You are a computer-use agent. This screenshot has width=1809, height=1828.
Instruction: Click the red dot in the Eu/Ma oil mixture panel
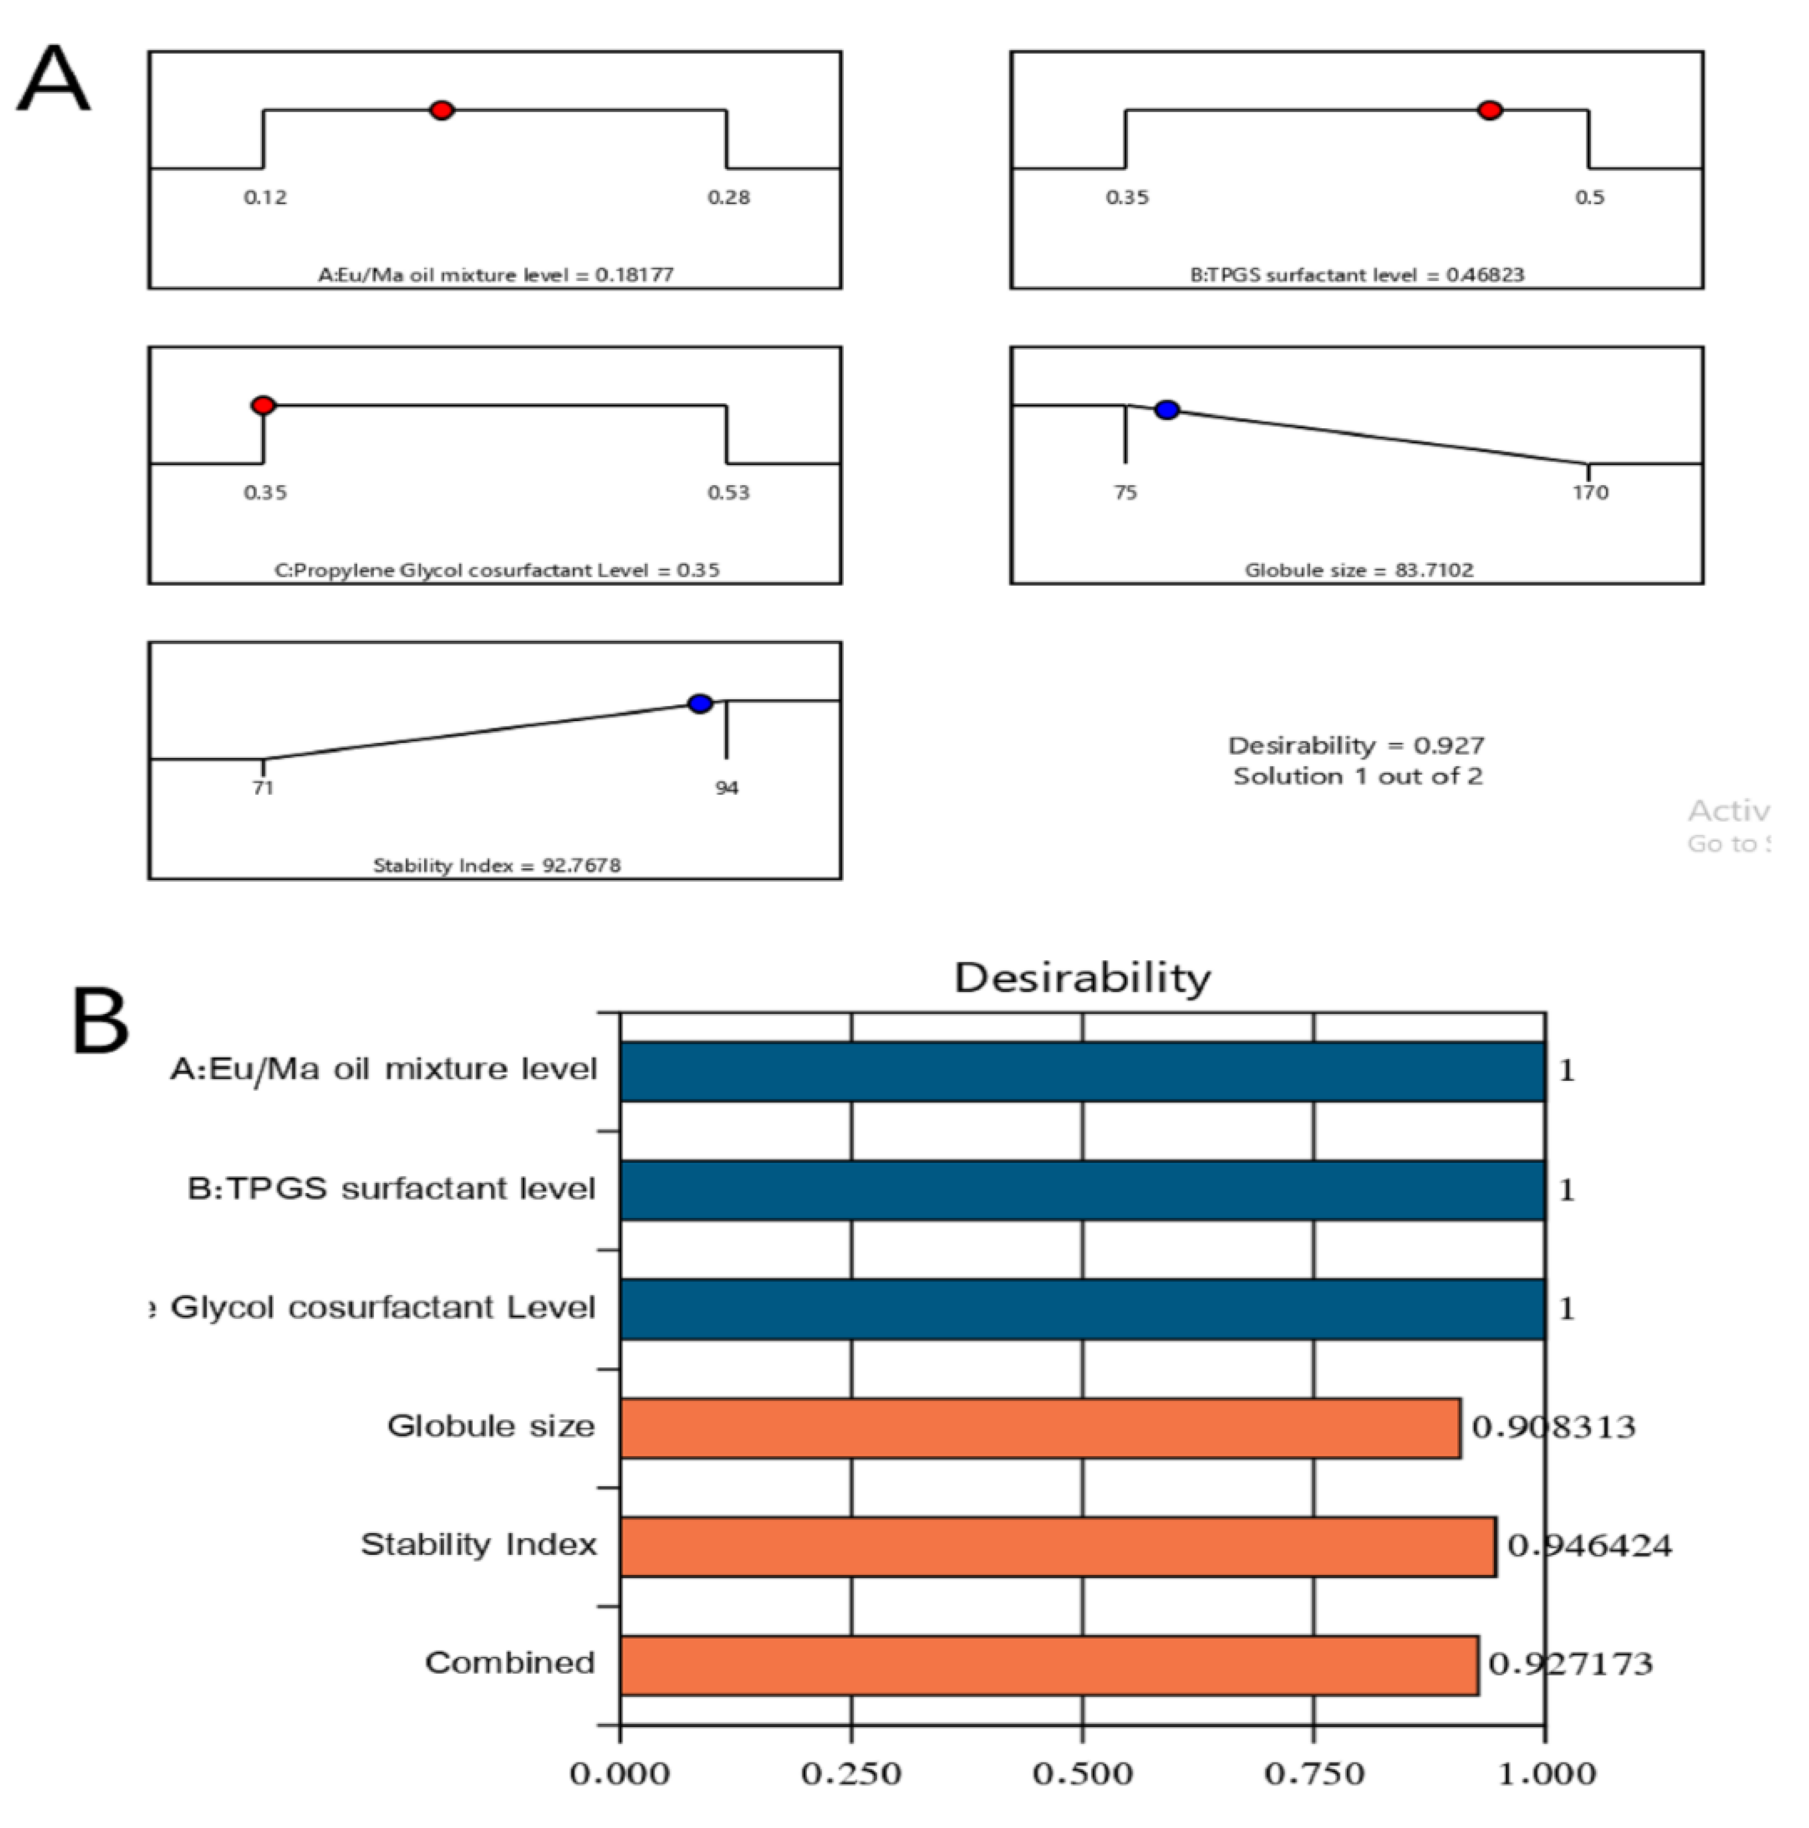(441, 111)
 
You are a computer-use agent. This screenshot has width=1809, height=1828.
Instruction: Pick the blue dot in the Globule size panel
(1168, 410)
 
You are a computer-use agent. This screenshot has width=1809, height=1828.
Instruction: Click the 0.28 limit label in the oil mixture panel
(728, 197)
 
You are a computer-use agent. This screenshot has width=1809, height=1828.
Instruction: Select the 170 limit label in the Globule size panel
(1591, 492)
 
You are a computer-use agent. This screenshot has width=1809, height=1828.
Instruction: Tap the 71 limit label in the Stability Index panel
(263, 787)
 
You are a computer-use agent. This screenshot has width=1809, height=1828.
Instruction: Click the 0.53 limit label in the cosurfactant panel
(728, 492)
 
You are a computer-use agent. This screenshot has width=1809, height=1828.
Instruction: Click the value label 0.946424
(1590, 1546)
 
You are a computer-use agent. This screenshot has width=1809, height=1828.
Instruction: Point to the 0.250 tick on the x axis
(852, 1773)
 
